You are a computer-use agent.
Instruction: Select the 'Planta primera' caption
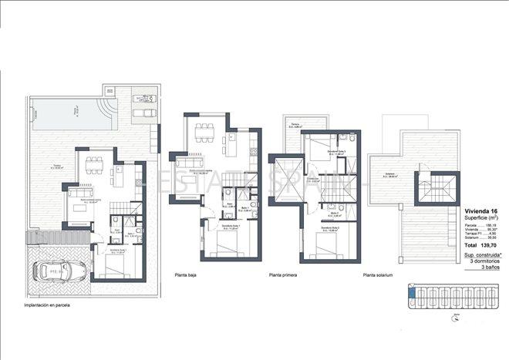point(283,274)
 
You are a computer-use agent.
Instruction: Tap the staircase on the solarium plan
point(432,190)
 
